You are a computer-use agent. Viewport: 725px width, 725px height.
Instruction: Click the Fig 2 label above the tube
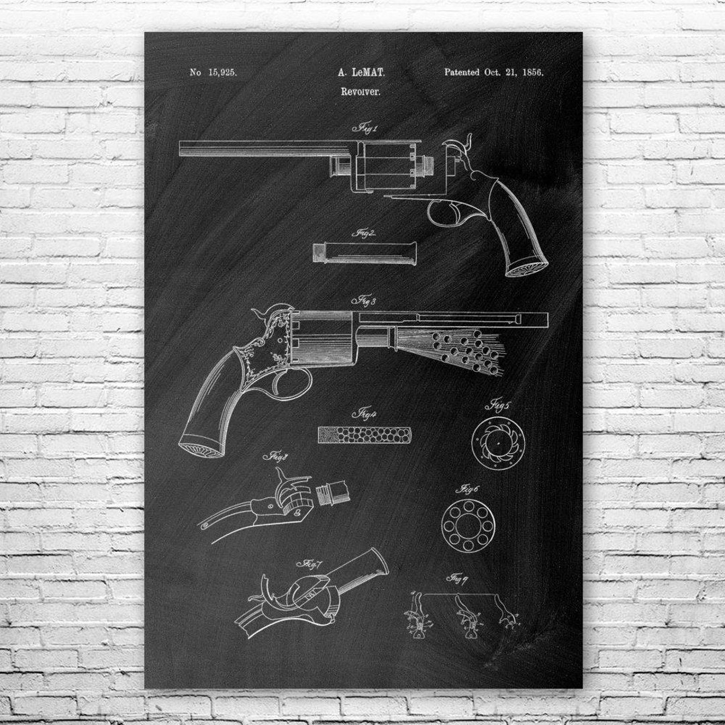click(x=364, y=234)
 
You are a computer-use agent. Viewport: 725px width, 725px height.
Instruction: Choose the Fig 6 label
click(x=467, y=490)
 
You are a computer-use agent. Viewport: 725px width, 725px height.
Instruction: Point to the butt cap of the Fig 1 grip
click(x=526, y=268)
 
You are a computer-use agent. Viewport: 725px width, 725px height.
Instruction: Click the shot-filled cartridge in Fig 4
click(x=365, y=435)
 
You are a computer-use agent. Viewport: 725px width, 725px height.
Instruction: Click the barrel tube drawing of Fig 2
click(x=365, y=252)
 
